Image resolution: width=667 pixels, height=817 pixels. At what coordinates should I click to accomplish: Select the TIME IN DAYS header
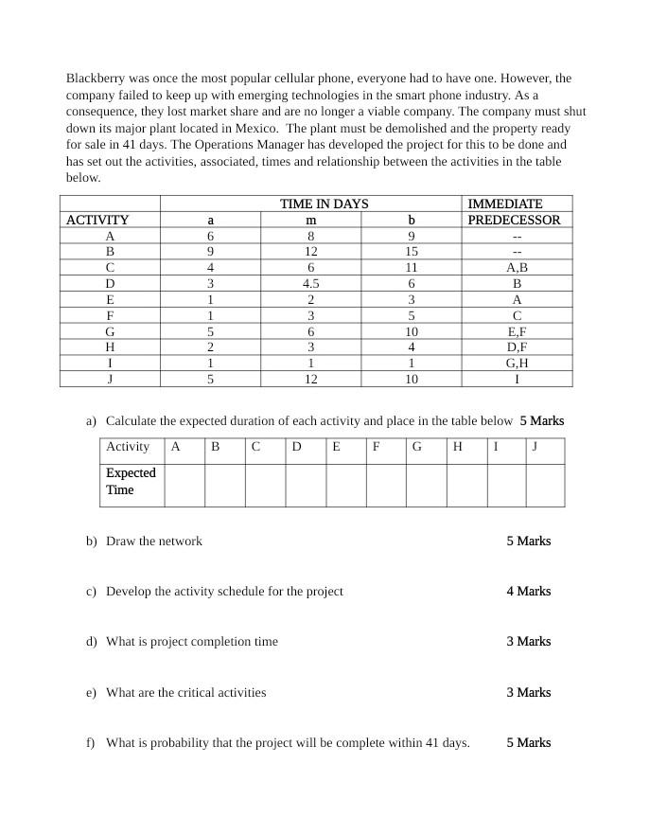point(324,204)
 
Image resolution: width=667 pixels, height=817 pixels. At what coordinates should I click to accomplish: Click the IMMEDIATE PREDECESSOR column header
point(516,211)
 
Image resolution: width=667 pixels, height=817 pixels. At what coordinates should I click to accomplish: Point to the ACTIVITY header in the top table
point(97,220)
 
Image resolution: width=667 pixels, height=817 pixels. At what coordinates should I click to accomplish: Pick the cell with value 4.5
point(310,283)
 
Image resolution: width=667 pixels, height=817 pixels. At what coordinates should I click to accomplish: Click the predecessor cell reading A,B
point(517,267)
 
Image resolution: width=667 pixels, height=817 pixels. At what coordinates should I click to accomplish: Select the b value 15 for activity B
point(411,252)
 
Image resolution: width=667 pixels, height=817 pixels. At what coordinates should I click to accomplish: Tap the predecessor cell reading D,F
point(517,347)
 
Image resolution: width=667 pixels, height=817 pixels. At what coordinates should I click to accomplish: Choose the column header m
point(310,220)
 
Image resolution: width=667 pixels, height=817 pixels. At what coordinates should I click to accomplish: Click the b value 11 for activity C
point(411,267)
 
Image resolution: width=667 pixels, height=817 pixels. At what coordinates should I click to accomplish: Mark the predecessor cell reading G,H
point(517,363)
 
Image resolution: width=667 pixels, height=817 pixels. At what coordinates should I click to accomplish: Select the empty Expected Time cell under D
point(306,485)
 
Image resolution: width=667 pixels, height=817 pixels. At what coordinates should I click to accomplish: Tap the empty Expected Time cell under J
point(545,485)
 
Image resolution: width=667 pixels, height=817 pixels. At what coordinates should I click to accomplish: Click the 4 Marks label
point(528,591)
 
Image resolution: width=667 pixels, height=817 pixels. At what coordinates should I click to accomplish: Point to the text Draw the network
point(154,542)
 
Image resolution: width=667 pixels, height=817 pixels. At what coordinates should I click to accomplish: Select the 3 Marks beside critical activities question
point(528,692)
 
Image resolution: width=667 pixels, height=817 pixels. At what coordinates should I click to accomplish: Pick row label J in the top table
point(110,379)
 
